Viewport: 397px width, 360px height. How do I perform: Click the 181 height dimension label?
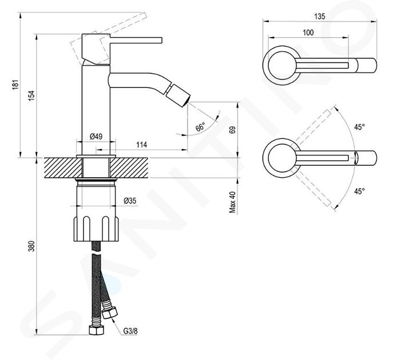point(15,85)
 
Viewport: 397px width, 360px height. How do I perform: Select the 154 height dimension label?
point(31,95)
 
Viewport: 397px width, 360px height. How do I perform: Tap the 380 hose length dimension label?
point(31,246)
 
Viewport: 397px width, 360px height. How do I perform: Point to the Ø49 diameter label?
point(96,137)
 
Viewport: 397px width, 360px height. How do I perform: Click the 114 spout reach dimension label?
point(141,145)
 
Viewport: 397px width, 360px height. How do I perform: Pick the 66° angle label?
point(200,126)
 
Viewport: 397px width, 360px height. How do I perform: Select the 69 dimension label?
point(232,130)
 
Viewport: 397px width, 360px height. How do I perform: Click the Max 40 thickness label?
point(232,202)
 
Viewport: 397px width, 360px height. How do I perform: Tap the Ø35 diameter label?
point(130,201)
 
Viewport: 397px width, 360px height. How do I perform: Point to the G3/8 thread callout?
point(130,331)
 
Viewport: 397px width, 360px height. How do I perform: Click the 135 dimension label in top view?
point(320,17)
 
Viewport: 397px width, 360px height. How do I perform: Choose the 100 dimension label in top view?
point(308,33)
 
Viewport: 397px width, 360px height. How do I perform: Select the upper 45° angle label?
point(359,127)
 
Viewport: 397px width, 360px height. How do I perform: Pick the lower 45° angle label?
point(359,191)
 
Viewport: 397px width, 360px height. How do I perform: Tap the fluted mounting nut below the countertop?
point(96,229)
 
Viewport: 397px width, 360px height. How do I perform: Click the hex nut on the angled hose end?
point(110,313)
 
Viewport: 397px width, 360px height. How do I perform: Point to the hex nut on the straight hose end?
point(97,330)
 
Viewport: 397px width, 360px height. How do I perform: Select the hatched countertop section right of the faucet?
point(129,168)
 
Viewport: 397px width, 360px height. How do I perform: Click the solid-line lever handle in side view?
point(121,48)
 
